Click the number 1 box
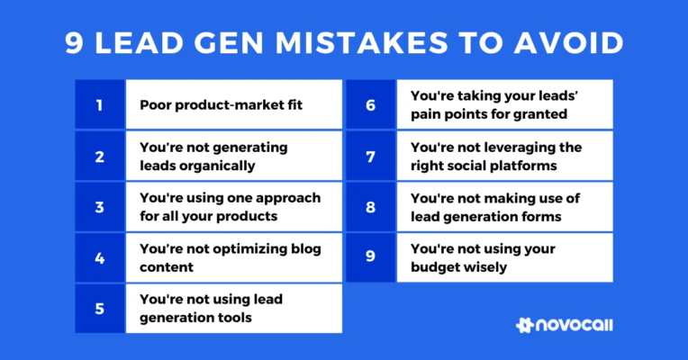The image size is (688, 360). tap(100, 103)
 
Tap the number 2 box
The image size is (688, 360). tap(100, 156)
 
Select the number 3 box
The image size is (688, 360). tap(100, 206)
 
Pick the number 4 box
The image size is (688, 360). tap(100, 257)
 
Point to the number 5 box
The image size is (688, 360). tap(100, 308)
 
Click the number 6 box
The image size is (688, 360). tap(371, 103)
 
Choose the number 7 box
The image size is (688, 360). tap(371, 156)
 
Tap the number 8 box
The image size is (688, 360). tap(371, 206)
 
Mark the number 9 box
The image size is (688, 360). tap(371, 257)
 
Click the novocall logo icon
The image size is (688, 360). tap(526, 326)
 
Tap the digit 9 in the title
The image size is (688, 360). tap(74, 42)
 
